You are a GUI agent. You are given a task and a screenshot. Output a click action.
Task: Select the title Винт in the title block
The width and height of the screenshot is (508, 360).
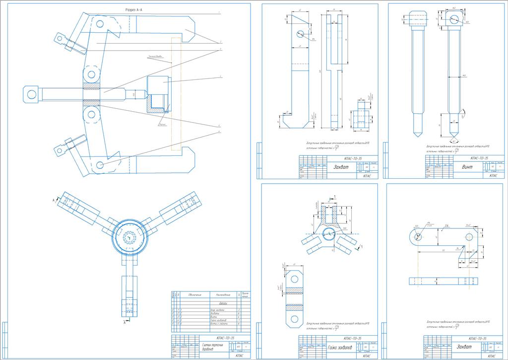click(467, 167)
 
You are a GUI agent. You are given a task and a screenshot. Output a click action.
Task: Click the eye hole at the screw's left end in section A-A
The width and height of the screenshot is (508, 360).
click(31, 94)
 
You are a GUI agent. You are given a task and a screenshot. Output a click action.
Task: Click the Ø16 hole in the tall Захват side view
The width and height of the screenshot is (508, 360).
click(300, 34)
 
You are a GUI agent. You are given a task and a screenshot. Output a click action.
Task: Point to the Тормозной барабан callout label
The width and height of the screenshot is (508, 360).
click(155, 57)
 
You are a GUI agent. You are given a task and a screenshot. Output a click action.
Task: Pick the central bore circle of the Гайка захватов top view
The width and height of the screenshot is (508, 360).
click(328, 233)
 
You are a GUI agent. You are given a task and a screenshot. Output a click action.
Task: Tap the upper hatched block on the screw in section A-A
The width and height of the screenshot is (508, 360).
click(91, 85)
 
